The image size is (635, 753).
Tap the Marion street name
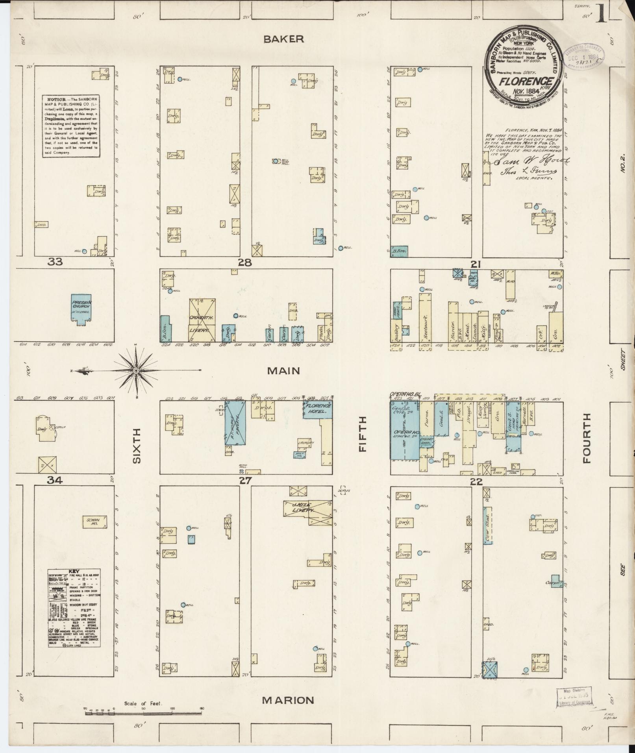click(288, 700)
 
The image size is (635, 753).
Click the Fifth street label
click(362, 434)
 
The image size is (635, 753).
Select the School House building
click(94, 521)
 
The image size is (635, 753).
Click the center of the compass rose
click(136, 370)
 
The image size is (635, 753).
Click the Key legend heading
click(74, 571)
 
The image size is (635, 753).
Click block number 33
click(55, 262)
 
